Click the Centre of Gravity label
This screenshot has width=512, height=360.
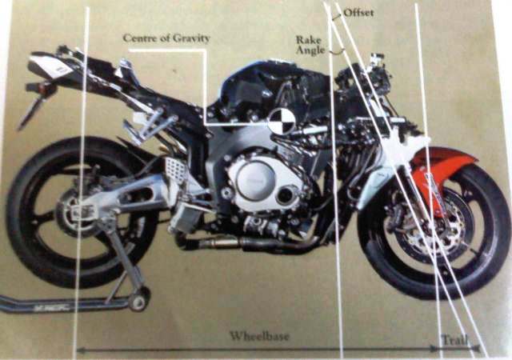coord(166,38)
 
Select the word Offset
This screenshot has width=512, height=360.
coord(358,13)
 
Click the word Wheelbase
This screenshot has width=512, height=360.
coord(259,336)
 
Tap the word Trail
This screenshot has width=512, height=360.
coord(454,339)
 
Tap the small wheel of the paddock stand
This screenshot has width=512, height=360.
coord(138,301)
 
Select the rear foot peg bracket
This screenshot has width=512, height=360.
coord(152,124)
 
